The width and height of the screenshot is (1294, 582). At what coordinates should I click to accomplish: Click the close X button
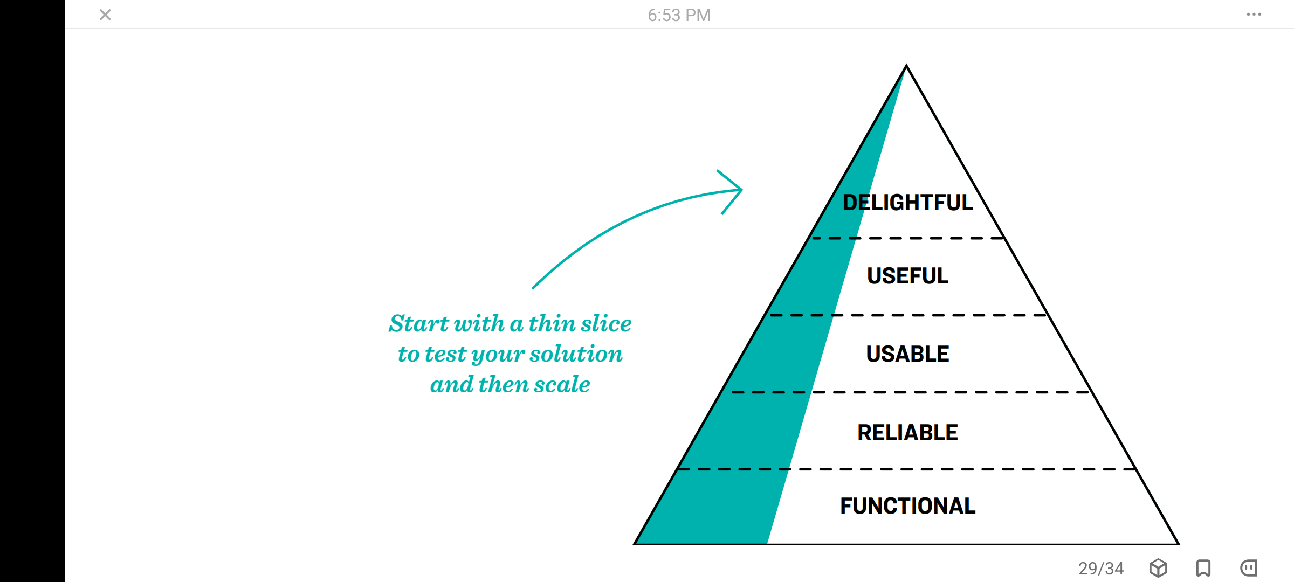pyautogui.click(x=105, y=15)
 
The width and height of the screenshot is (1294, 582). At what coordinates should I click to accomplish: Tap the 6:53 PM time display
pyautogui.click(x=679, y=15)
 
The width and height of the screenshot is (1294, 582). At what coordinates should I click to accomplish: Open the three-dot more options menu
pyautogui.click(x=1254, y=15)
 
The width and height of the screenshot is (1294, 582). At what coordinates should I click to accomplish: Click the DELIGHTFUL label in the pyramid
pyautogui.click(x=908, y=203)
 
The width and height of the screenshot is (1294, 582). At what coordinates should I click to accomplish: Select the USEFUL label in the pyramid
pyautogui.click(x=908, y=276)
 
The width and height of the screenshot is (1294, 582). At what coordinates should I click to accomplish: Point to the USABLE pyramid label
pyautogui.click(x=908, y=354)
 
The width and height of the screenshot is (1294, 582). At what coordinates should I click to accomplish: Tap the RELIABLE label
pyautogui.click(x=908, y=433)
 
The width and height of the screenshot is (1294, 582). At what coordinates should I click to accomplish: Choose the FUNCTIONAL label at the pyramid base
pyautogui.click(x=908, y=506)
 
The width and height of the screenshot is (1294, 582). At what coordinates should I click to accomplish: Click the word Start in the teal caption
pyautogui.click(x=419, y=323)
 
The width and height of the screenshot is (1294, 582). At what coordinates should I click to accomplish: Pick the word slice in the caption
pyautogui.click(x=606, y=323)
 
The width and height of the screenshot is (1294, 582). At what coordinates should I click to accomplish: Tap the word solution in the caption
pyautogui.click(x=576, y=354)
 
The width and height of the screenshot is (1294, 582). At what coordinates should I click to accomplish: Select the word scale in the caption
pyautogui.click(x=562, y=385)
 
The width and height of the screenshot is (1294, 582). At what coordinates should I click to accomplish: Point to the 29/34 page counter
pyautogui.click(x=1101, y=569)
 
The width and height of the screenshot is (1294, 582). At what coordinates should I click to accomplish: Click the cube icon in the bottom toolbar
pyautogui.click(x=1158, y=568)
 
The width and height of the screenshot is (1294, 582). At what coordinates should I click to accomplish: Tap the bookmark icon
pyautogui.click(x=1203, y=568)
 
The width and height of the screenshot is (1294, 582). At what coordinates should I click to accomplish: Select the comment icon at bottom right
pyautogui.click(x=1249, y=568)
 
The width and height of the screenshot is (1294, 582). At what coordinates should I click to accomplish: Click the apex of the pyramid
pyautogui.click(x=907, y=66)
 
